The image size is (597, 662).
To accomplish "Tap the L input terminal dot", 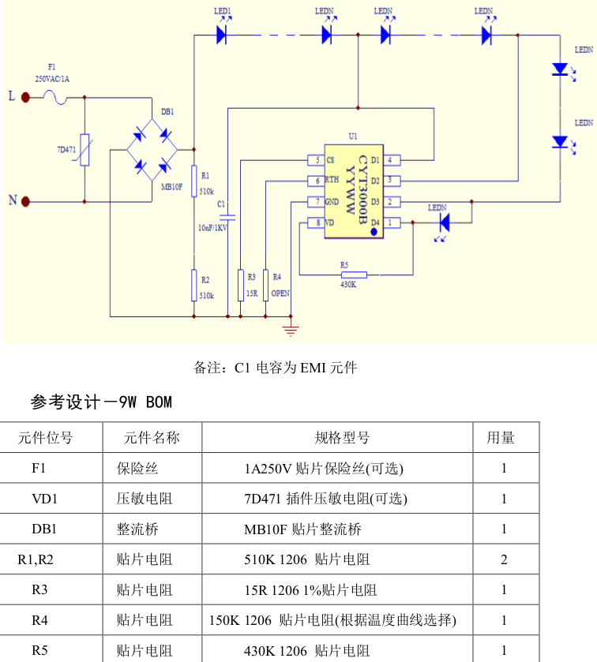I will tap(26, 97).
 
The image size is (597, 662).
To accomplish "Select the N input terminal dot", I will tap(26, 201).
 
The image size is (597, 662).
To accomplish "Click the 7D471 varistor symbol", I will tap(84, 149).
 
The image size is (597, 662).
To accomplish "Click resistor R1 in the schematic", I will tap(194, 180).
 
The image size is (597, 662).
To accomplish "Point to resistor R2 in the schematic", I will tap(194, 285).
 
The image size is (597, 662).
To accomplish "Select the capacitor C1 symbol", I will tap(227, 215).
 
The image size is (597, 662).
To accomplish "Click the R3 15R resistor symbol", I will tap(240, 285).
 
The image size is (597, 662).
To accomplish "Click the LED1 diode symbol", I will tap(222, 34).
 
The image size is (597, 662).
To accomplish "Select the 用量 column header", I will tap(501, 438).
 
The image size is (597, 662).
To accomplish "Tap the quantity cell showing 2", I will tap(504, 560).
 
